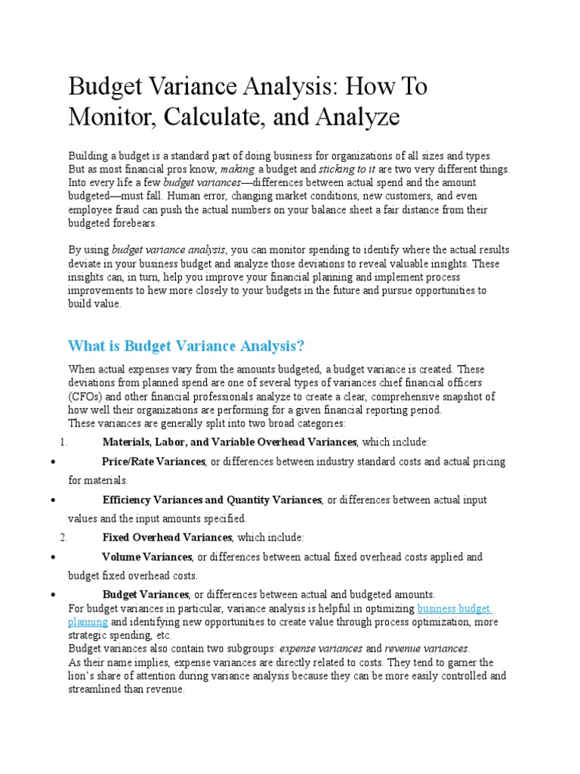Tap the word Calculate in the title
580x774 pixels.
(x=220, y=117)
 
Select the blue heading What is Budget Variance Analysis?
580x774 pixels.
(x=186, y=346)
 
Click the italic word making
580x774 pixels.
(x=236, y=169)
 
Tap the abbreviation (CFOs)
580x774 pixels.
(x=86, y=396)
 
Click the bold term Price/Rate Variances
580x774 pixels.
(x=153, y=462)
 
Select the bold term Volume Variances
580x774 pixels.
(x=147, y=557)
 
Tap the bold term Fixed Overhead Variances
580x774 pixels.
(x=167, y=537)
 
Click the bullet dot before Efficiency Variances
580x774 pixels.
(x=50, y=500)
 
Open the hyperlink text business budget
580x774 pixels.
(x=454, y=608)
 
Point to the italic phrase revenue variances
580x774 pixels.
(x=426, y=649)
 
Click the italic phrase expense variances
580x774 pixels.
(x=321, y=649)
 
